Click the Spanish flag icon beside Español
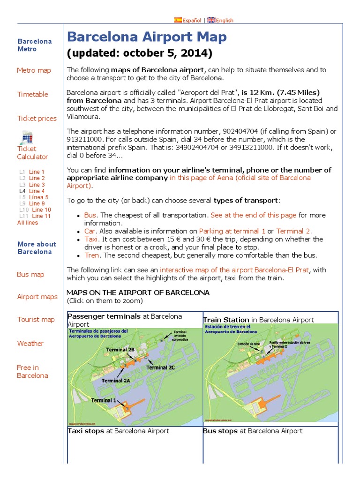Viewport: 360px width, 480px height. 178,20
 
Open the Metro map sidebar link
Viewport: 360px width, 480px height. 34,70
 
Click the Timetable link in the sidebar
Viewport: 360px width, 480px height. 33,94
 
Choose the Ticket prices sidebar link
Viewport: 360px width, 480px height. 37,118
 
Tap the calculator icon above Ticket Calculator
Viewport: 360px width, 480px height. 26,138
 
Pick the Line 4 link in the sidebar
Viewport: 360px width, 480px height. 37,191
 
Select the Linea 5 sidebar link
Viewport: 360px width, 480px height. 38,197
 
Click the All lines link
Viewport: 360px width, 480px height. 28,223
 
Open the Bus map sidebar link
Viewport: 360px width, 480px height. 30,274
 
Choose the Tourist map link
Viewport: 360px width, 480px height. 36,320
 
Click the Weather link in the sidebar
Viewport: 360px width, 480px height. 30,344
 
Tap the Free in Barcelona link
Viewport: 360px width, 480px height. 32,371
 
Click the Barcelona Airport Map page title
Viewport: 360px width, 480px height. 147,37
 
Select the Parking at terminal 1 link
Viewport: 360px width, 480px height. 232,231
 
